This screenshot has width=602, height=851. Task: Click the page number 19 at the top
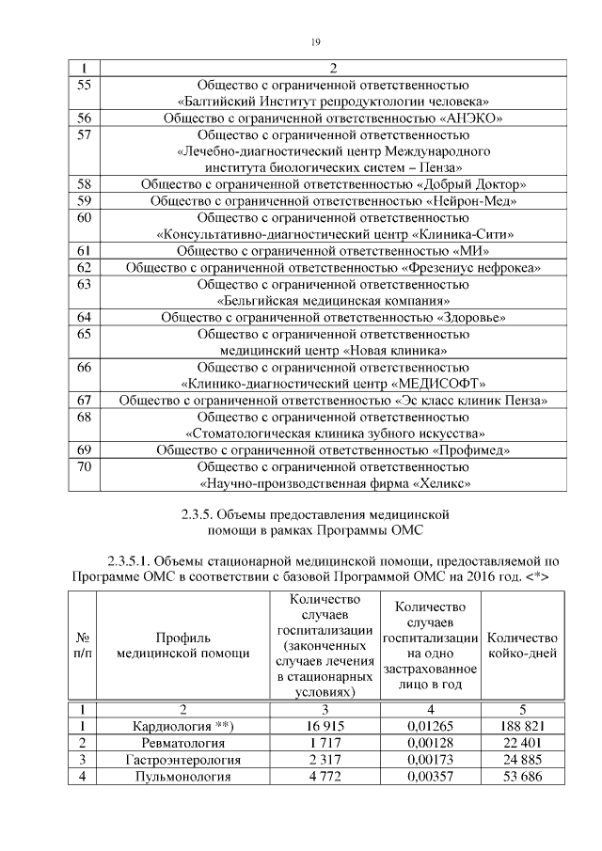316,40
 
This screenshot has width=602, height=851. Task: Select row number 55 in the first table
84,85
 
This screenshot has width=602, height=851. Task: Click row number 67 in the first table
84,400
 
